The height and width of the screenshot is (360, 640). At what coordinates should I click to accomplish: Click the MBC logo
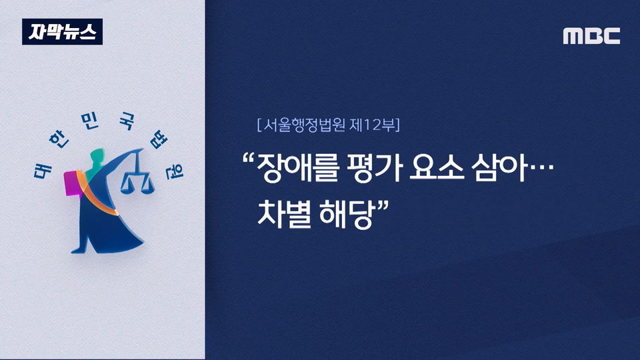tap(591, 36)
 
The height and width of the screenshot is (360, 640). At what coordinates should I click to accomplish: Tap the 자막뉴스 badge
tap(63, 31)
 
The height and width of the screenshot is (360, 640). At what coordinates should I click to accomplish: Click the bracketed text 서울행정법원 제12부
tap(329, 125)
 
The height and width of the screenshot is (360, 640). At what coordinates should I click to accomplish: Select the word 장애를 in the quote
tap(298, 168)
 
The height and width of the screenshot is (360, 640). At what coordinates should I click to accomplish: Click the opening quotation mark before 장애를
tap(247, 159)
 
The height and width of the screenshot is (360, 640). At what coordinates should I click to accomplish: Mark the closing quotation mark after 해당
tap(383, 205)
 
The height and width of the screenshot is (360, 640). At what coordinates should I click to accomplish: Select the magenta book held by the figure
tap(73, 183)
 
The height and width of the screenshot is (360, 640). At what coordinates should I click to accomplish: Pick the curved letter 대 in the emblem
tap(43, 169)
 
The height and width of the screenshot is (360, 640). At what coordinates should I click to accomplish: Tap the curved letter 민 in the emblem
tap(90, 121)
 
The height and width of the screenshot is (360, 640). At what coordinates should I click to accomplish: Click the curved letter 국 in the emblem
tap(126, 121)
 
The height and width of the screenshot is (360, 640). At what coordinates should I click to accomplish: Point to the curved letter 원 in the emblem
tap(175, 171)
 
